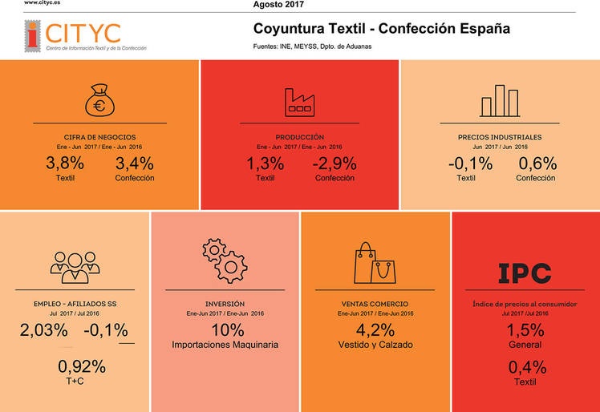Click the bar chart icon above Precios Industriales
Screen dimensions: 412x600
(x=499, y=101)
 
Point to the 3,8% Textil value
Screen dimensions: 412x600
(x=65, y=164)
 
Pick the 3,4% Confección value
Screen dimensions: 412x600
(x=134, y=164)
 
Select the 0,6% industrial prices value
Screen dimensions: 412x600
(x=537, y=164)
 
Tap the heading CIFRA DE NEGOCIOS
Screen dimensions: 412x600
(x=99, y=137)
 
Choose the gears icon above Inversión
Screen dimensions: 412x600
(x=225, y=258)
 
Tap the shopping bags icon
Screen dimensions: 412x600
(x=375, y=262)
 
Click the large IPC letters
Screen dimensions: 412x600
(x=525, y=273)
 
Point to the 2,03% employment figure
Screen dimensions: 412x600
(x=43, y=331)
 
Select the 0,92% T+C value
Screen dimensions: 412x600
(x=81, y=368)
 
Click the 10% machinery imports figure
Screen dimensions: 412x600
(x=225, y=330)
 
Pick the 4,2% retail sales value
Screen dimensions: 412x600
(x=375, y=330)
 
